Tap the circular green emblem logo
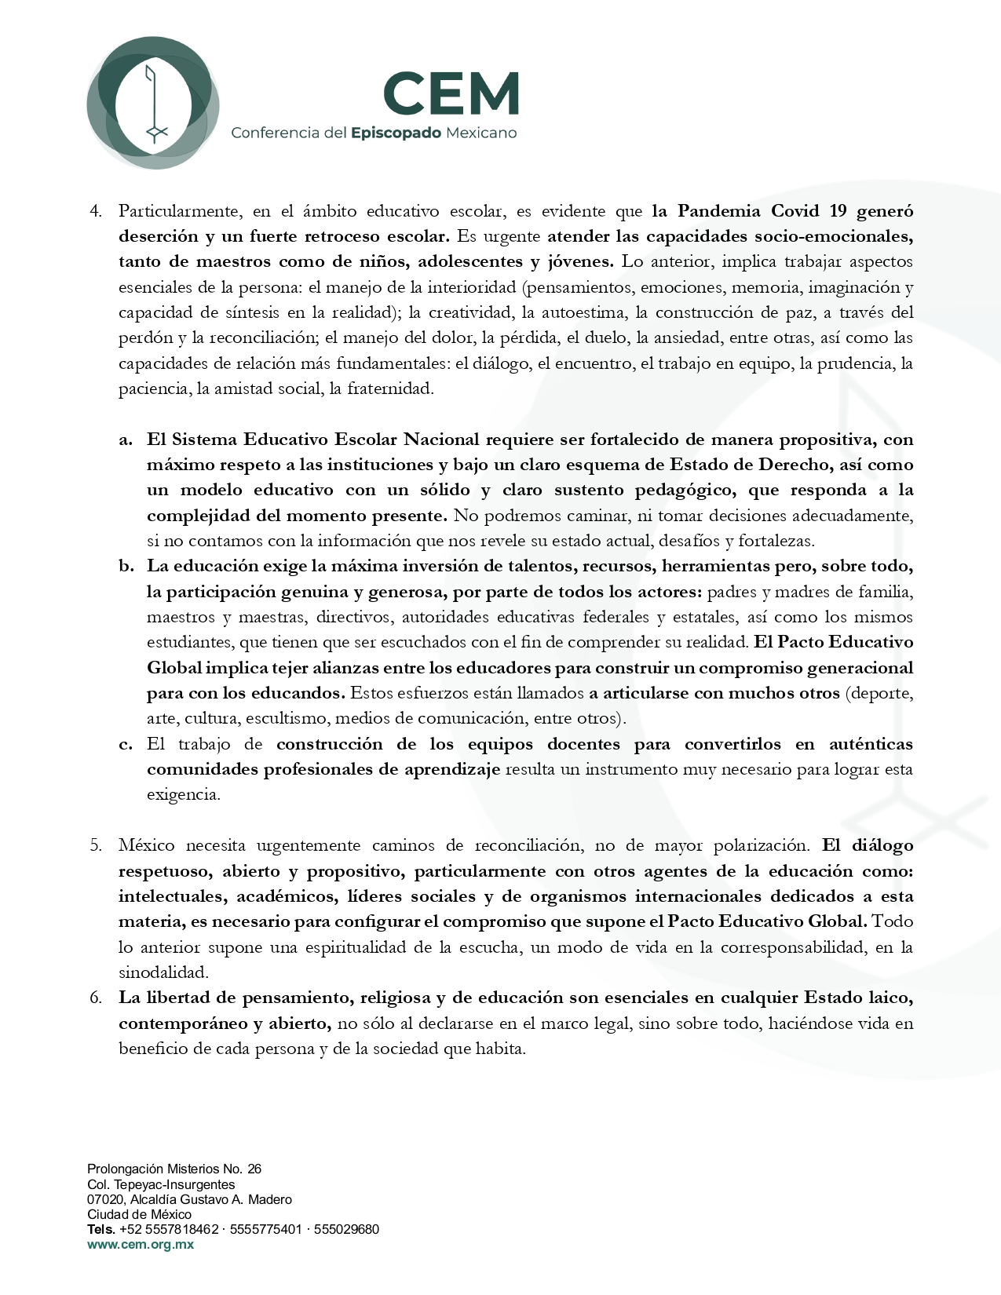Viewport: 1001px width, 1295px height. [x=152, y=103]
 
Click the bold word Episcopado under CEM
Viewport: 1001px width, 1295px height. [x=396, y=133]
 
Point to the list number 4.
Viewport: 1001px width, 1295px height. [x=96, y=210]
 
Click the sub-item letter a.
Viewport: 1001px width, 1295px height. [x=126, y=440]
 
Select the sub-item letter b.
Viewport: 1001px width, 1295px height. [x=126, y=566]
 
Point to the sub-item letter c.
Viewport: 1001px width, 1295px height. [x=126, y=744]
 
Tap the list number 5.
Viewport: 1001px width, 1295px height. [x=96, y=845]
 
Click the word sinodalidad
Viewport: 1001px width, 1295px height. [x=163, y=972]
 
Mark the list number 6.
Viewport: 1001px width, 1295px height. [x=96, y=998]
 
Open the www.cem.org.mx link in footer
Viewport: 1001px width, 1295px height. [x=141, y=1245]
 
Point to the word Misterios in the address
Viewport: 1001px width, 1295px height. [x=191, y=1169]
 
